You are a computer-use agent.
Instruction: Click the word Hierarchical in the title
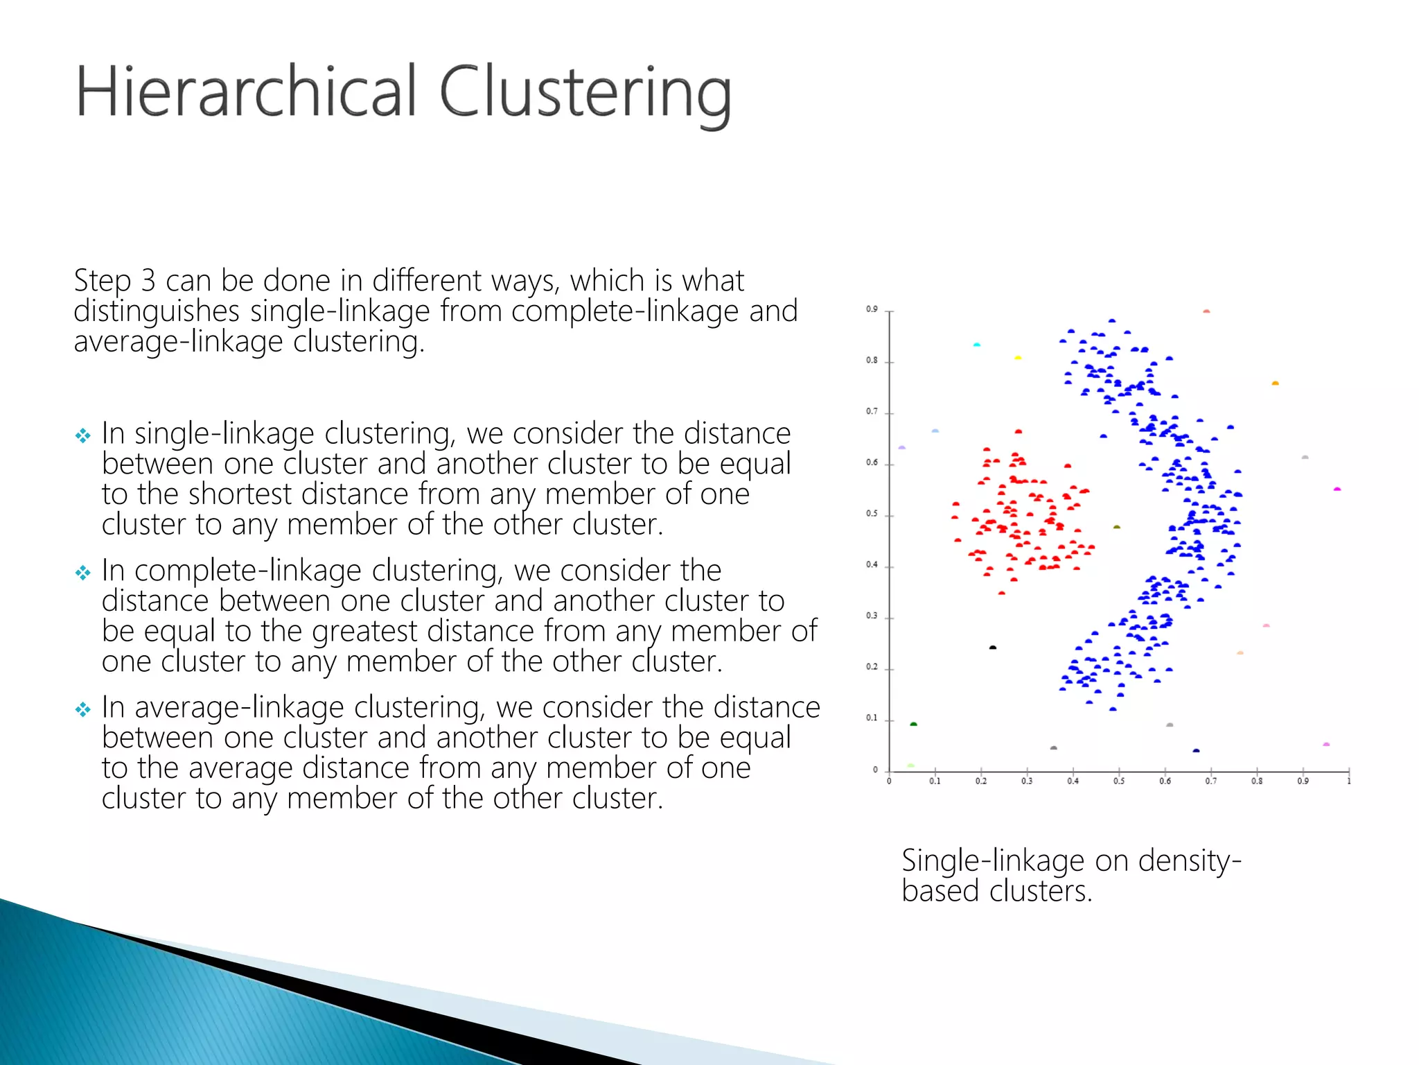pos(246,92)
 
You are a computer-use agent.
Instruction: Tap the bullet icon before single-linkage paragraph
pos(83,435)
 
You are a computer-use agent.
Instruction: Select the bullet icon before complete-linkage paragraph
pos(83,573)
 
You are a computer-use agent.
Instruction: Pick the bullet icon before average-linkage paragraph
pos(83,709)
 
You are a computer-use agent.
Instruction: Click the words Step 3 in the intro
pos(114,281)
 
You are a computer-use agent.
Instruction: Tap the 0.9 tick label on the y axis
pos(871,309)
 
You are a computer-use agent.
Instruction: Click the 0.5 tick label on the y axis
pos(871,514)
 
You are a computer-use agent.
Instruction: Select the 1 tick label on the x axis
pos(1349,781)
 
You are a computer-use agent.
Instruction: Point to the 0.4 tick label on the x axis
pos(1073,781)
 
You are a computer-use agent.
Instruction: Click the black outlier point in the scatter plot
pos(992,648)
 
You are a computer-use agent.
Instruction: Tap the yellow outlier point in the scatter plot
pos(1018,358)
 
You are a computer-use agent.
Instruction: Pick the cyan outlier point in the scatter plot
pos(977,345)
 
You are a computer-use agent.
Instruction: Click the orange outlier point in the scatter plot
pos(1275,383)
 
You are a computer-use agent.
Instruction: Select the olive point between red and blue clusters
pos(1116,528)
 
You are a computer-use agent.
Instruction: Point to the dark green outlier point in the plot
pos(913,725)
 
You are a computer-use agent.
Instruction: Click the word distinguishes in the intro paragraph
pos(157,311)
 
